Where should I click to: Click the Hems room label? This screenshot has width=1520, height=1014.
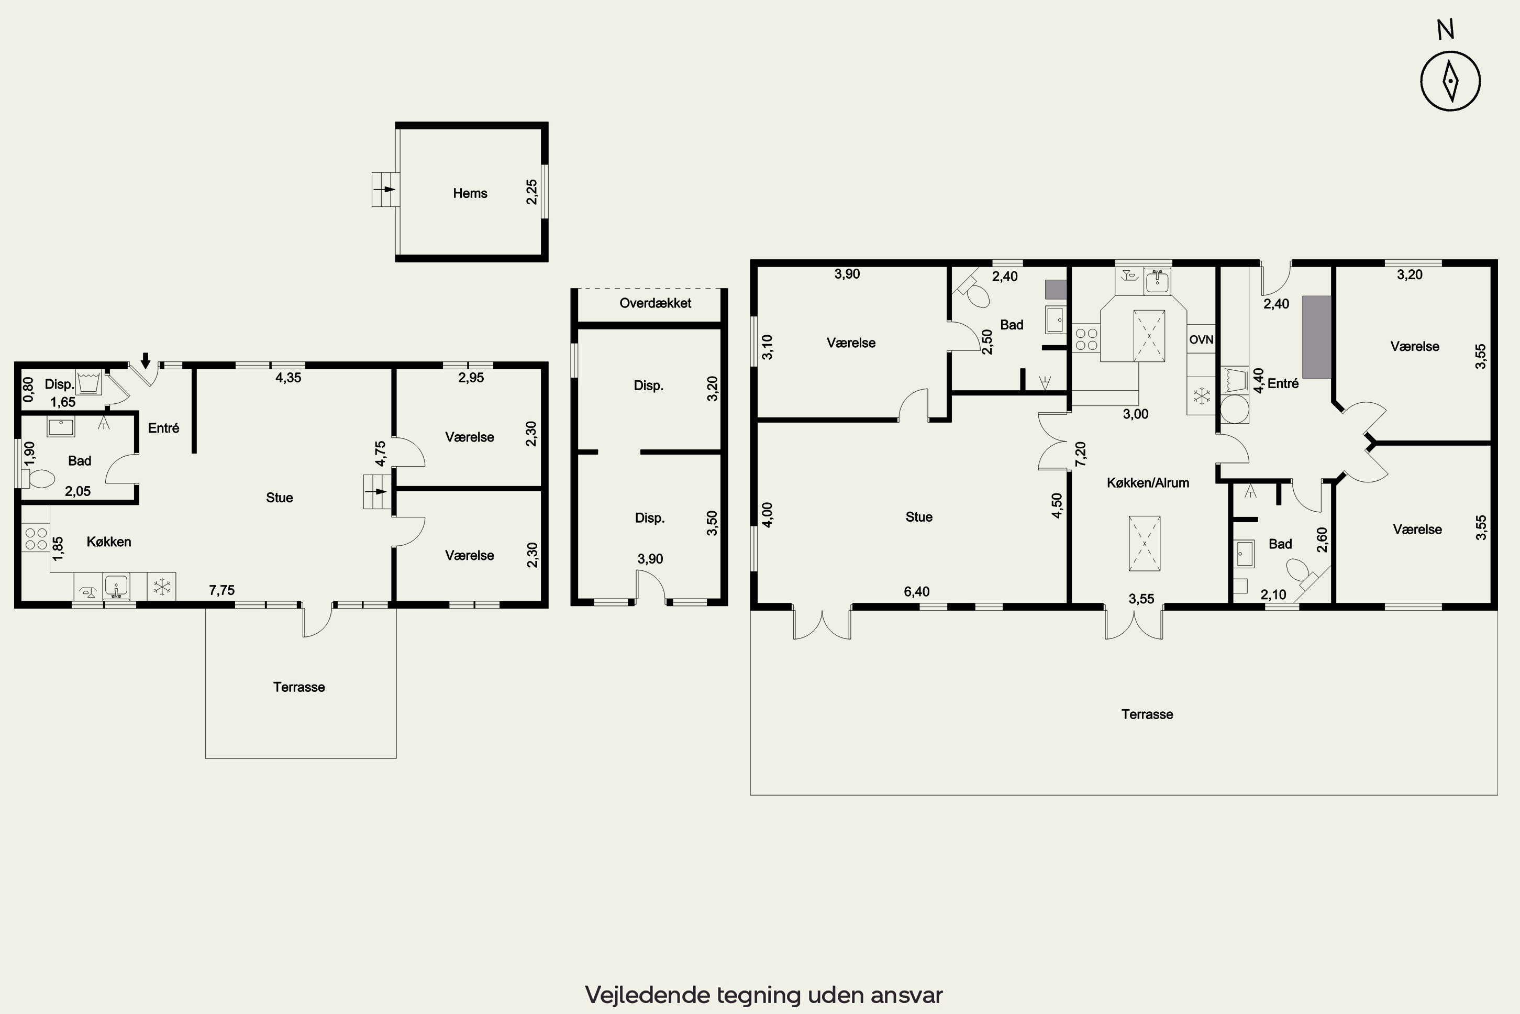(x=470, y=193)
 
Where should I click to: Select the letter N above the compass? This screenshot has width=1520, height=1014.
(x=1446, y=30)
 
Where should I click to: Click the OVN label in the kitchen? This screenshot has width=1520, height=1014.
(x=1201, y=339)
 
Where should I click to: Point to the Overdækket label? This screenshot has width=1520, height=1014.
(x=655, y=303)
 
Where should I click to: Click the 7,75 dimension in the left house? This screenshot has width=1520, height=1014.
(x=222, y=590)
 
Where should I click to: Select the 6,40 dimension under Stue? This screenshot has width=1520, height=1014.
(x=917, y=592)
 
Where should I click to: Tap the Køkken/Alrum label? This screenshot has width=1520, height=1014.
(x=1148, y=483)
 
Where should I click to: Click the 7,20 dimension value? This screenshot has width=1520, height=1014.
(x=1080, y=454)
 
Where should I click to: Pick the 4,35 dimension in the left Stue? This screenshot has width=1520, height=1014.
(x=289, y=378)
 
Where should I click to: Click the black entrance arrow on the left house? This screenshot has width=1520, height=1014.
(x=146, y=360)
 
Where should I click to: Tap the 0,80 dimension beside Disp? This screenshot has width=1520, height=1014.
(x=28, y=389)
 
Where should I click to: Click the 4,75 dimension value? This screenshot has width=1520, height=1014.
(x=380, y=454)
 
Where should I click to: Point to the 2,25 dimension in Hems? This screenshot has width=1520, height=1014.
(x=531, y=192)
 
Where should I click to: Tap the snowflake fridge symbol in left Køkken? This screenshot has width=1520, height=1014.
(x=162, y=587)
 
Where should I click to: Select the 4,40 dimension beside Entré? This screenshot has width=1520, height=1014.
(x=1258, y=380)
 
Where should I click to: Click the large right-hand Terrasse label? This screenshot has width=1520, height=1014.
(x=1147, y=714)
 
